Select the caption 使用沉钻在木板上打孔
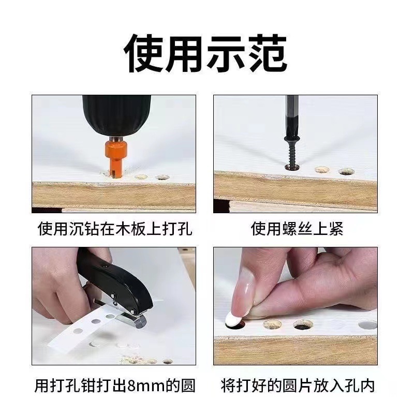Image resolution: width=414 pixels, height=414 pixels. pyautogui.click(x=114, y=228)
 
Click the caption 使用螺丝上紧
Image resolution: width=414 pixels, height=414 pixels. pyautogui.click(x=297, y=228)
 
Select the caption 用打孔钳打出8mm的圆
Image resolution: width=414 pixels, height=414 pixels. pyautogui.click(x=114, y=386)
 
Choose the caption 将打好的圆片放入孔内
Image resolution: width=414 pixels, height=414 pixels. pyautogui.click(x=297, y=386)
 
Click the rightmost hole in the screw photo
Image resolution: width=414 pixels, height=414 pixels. pyautogui.click(x=346, y=171)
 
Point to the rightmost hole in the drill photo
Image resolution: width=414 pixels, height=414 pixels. pyautogui.click(x=162, y=176)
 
